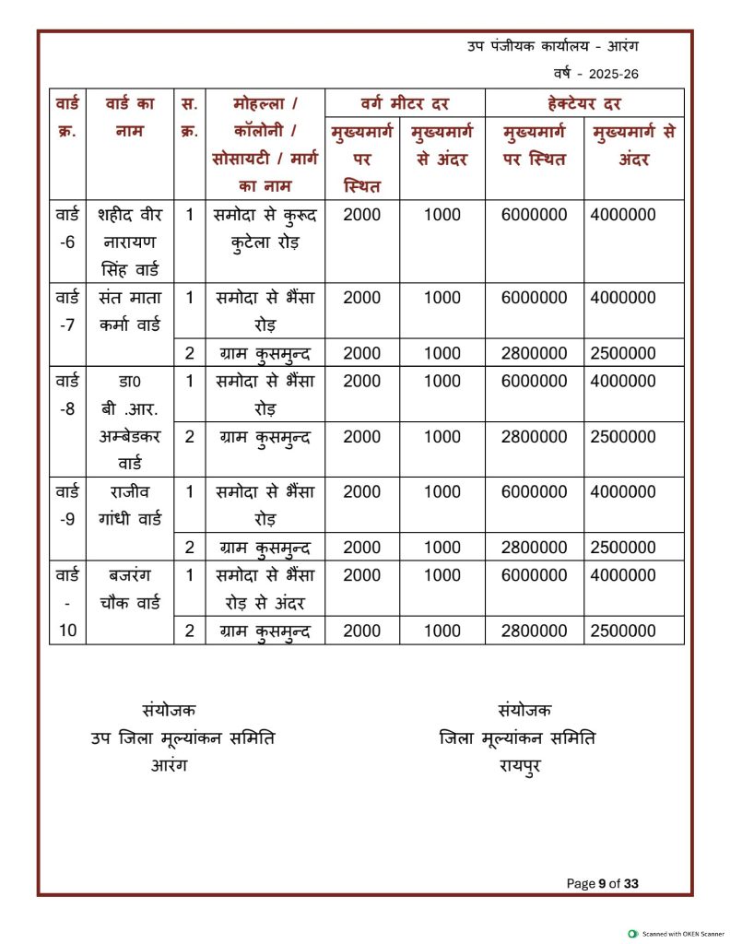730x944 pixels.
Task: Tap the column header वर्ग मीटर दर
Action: pyautogui.click(x=406, y=102)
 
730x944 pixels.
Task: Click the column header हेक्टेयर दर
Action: pyautogui.click(x=584, y=102)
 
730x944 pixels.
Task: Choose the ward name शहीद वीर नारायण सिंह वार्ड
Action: pyautogui.click(x=129, y=242)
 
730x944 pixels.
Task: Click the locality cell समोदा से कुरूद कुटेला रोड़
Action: pyautogui.click(x=265, y=229)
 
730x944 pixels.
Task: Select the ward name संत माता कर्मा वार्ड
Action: pyautogui.click(x=129, y=311)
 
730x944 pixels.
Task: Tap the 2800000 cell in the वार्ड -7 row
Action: pyautogui.click(x=534, y=353)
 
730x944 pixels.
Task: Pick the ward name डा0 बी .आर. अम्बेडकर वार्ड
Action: pyautogui.click(x=129, y=421)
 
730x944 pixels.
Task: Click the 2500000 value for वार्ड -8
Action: pyautogui.click(x=623, y=436)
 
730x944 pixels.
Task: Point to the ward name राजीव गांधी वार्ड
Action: pyautogui.click(x=129, y=504)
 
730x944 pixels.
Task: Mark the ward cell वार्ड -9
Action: pyautogui.click(x=67, y=504)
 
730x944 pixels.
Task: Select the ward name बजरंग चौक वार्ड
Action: pyautogui.click(x=129, y=589)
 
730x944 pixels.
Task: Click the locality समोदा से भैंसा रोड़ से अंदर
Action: pyautogui.click(x=265, y=589)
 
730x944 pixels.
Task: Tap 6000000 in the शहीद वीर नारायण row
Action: pyautogui.click(x=534, y=215)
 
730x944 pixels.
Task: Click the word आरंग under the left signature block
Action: pyautogui.click(x=169, y=765)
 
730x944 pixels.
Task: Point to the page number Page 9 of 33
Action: pyautogui.click(x=603, y=883)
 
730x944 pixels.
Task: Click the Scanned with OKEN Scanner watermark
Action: pyautogui.click(x=677, y=934)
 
